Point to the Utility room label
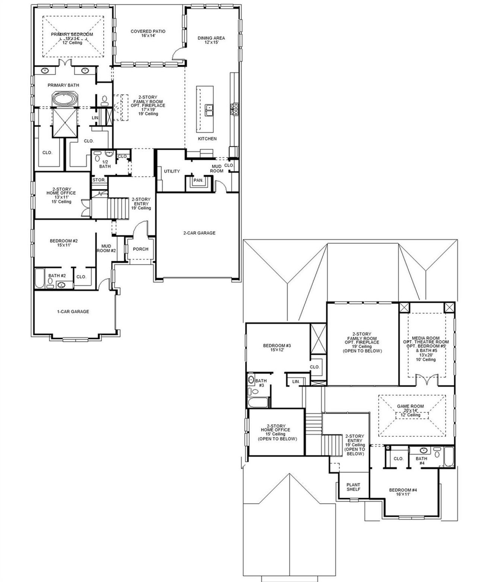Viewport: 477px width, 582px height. click(x=172, y=171)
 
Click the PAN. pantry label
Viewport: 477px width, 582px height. click(x=198, y=180)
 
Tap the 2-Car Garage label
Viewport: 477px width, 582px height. click(x=199, y=233)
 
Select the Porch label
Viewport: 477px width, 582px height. click(x=140, y=249)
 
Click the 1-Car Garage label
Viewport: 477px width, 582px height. click(x=73, y=311)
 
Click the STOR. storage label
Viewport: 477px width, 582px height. click(x=99, y=180)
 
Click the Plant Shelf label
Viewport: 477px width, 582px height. click(x=353, y=487)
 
